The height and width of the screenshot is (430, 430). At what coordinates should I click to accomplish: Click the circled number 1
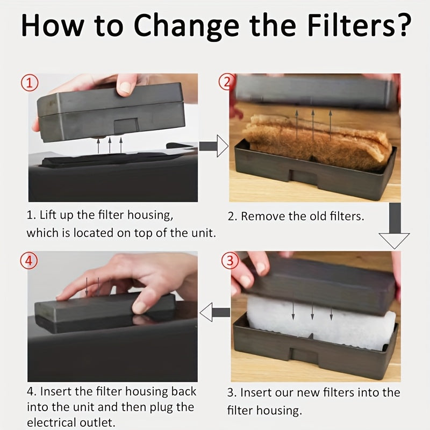point(30,83)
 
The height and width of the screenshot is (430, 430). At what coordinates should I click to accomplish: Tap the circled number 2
point(226,82)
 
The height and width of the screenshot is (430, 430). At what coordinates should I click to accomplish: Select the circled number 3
point(230,261)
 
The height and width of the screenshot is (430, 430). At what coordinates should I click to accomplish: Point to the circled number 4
point(29,261)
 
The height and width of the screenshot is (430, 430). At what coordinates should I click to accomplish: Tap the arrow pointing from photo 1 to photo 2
point(213,146)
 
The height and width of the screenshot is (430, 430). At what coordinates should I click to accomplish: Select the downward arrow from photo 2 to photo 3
point(395,226)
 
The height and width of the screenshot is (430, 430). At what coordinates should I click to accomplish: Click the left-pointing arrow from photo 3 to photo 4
point(215,312)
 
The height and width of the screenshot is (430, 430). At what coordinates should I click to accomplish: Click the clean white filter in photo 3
point(321,322)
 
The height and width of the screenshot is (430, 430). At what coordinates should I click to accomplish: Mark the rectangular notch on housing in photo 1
point(126,126)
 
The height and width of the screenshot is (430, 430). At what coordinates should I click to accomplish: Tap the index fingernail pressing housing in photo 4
point(140,307)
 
